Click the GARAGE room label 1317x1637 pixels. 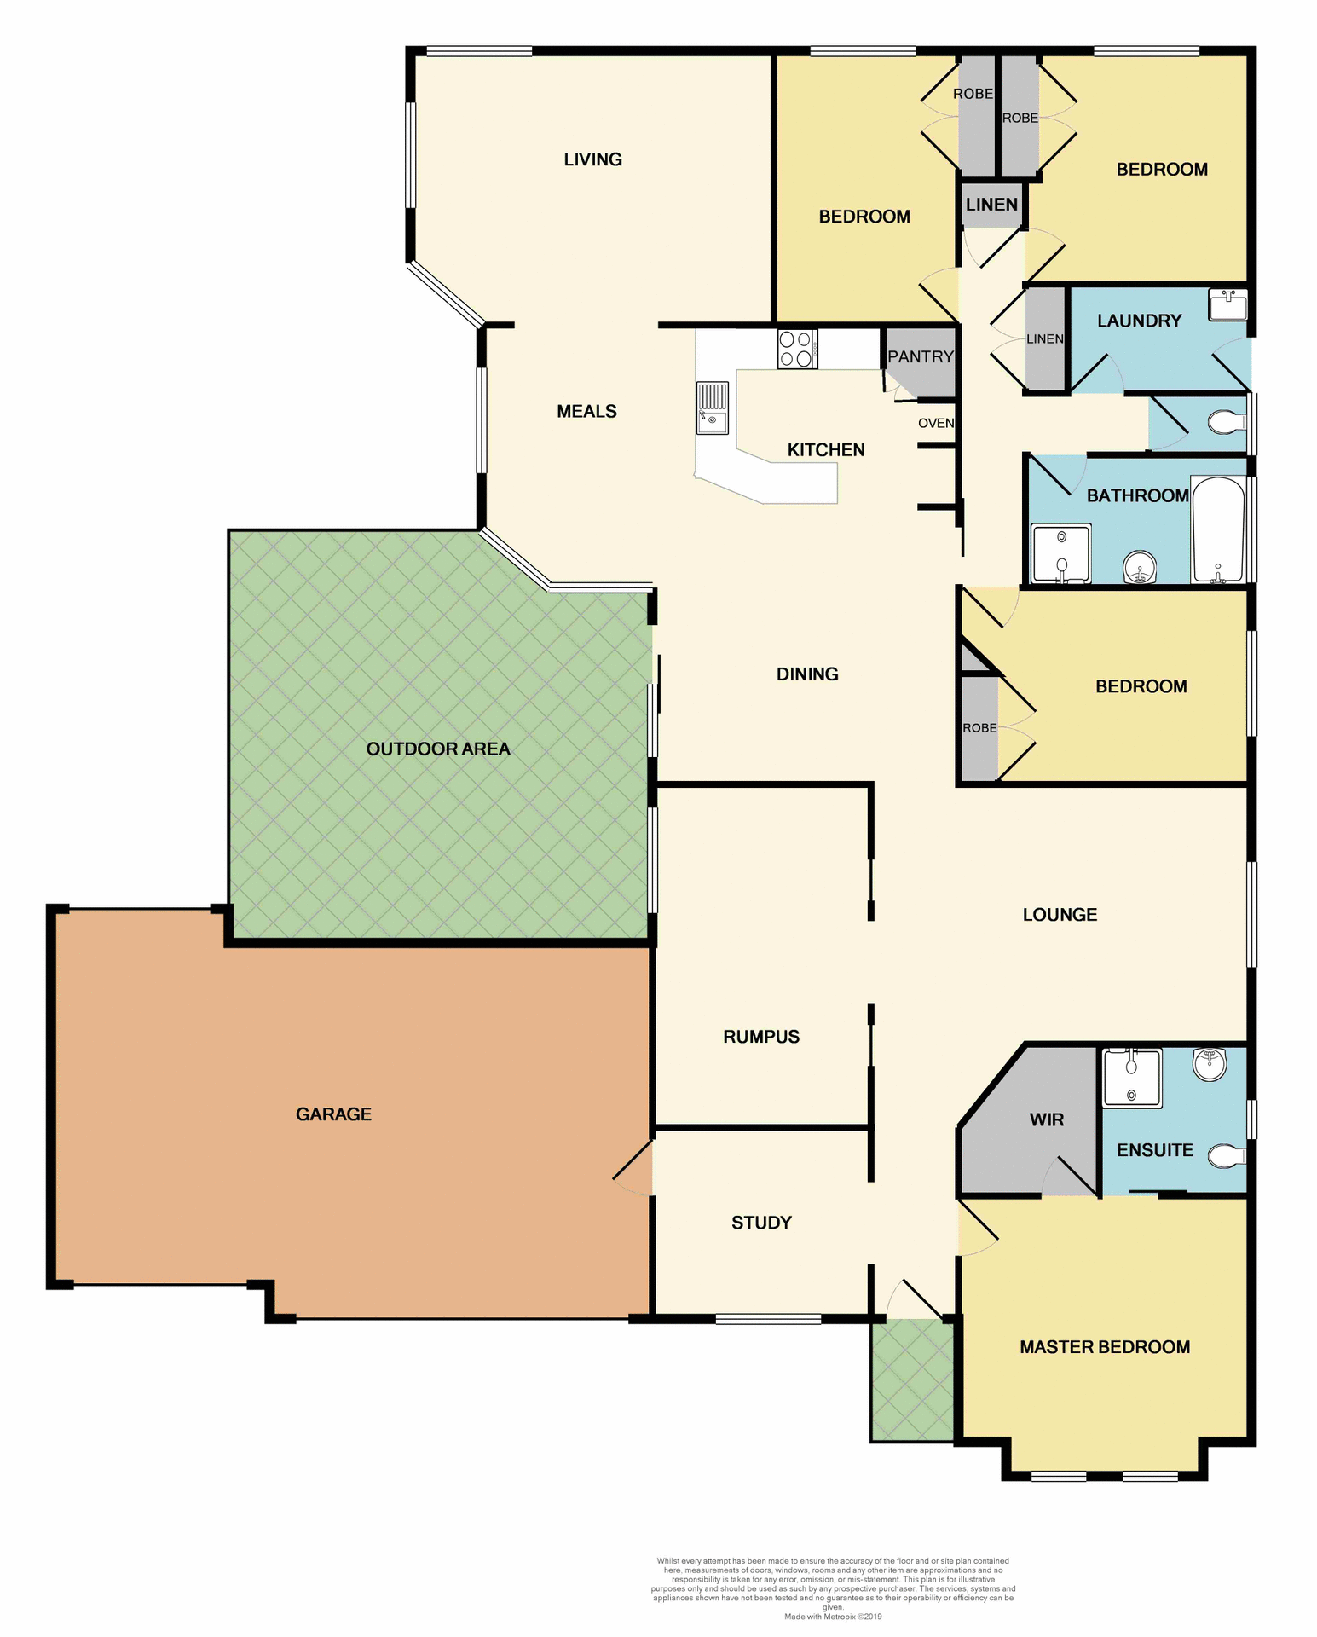(333, 1114)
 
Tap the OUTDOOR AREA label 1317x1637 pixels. (438, 749)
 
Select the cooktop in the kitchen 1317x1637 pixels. (797, 350)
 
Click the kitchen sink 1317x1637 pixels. (713, 408)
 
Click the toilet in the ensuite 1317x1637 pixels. (1227, 1156)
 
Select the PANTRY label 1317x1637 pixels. (920, 356)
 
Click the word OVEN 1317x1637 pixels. (936, 423)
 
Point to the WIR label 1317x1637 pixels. (1046, 1119)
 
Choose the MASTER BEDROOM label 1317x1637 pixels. (1105, 1347)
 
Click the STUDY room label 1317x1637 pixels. (761, 1223)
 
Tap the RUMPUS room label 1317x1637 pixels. (761, 1037)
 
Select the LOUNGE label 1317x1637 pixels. (1060, 915)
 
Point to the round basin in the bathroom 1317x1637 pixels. (1140, 566)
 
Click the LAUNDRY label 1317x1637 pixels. (1139, 321)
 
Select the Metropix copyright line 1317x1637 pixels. (833, 1617)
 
